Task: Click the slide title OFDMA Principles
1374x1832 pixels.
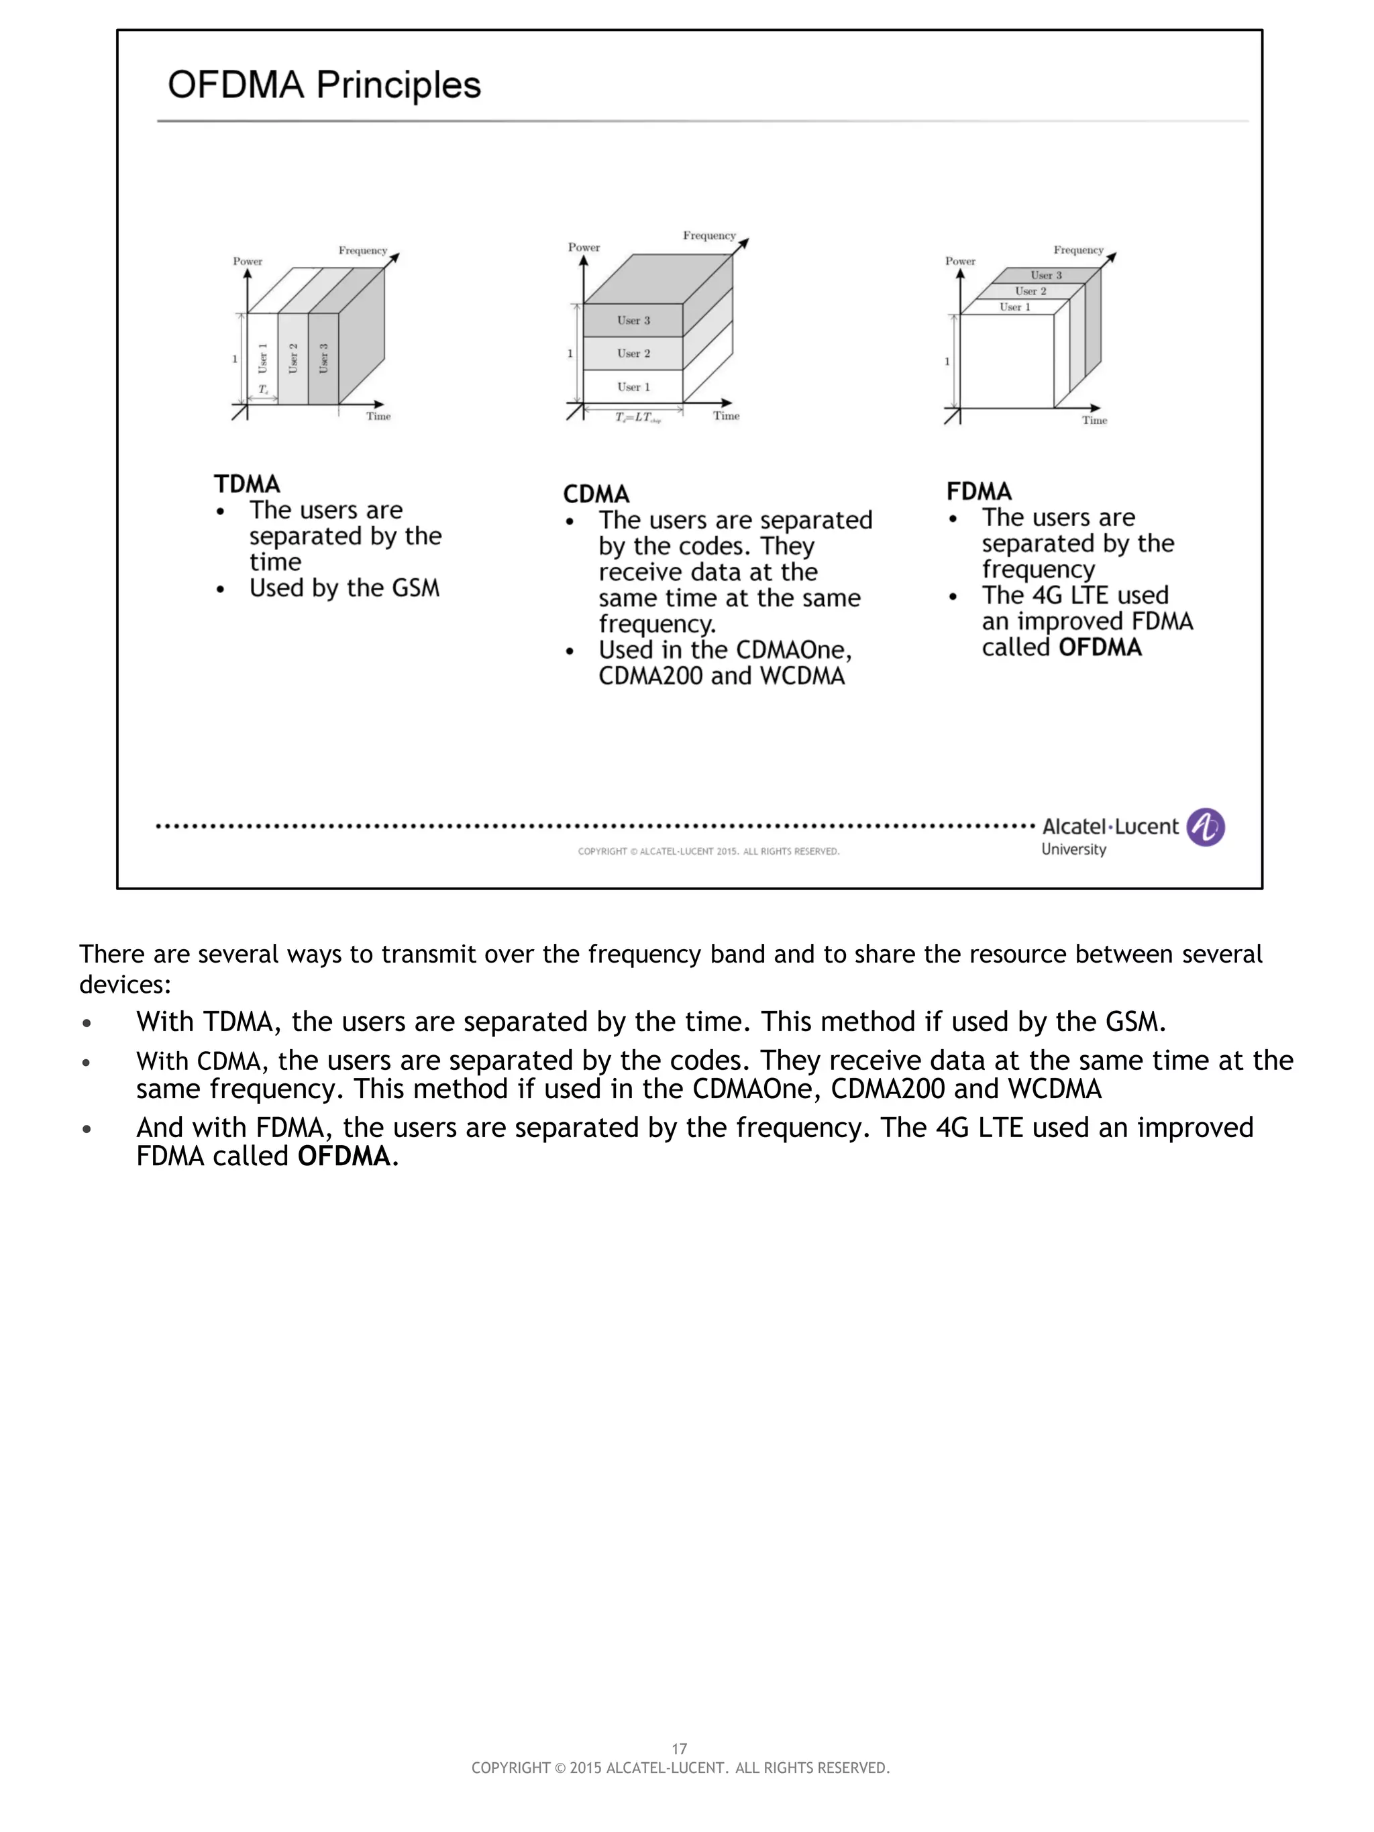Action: pos(324,85)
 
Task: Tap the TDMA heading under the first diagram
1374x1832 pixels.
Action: pos(247,484)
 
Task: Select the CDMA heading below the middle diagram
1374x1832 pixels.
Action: pos(596,494)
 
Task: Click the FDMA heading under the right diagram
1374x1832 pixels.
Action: pos(979,491)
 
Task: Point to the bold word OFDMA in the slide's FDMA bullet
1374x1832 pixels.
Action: pos(1100,647)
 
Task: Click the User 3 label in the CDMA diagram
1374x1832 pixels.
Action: pos(633,321)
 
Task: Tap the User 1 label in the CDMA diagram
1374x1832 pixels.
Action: pos(633,387)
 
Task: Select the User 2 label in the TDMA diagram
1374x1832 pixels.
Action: pos(293,359)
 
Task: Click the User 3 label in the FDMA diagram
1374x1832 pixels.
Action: pos(1046,275)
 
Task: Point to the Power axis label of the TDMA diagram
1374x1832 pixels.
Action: pos(247,261)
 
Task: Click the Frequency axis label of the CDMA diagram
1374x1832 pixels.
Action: pos(709,236)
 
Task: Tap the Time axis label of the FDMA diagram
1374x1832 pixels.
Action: pos(1094,421)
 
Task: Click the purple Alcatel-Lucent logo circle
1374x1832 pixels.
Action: pos(1205,826)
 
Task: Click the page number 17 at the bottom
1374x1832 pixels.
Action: pos(679,1748)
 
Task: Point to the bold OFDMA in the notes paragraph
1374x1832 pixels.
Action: pos(343,1156)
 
